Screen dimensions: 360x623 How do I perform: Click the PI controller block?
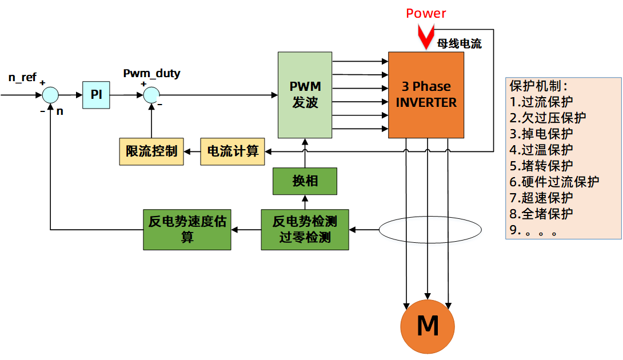[96, 94]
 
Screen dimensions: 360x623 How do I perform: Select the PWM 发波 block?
[305, 95]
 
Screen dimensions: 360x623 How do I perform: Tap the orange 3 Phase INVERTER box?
[426, 95]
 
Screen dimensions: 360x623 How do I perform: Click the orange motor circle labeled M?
[428, 326]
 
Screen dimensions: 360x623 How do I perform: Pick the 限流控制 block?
[151, 151]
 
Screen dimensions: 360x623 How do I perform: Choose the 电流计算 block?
[233, 151]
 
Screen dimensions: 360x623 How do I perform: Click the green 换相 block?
[305, 181]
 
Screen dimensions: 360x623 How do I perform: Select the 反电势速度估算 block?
[187, 230]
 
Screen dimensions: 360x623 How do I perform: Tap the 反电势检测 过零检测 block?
[305, 230]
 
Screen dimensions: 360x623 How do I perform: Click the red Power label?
[426, 13]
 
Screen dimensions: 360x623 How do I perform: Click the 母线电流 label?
[459, 43]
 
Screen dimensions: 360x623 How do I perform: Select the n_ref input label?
[22, 77]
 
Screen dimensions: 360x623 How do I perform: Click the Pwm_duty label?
[151, 73]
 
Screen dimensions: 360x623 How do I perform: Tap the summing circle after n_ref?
[51, 95]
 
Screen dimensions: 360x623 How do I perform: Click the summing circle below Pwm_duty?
[151, 95]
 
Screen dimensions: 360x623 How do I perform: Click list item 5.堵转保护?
[541, 166]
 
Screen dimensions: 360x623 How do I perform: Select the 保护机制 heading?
[538, 86]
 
